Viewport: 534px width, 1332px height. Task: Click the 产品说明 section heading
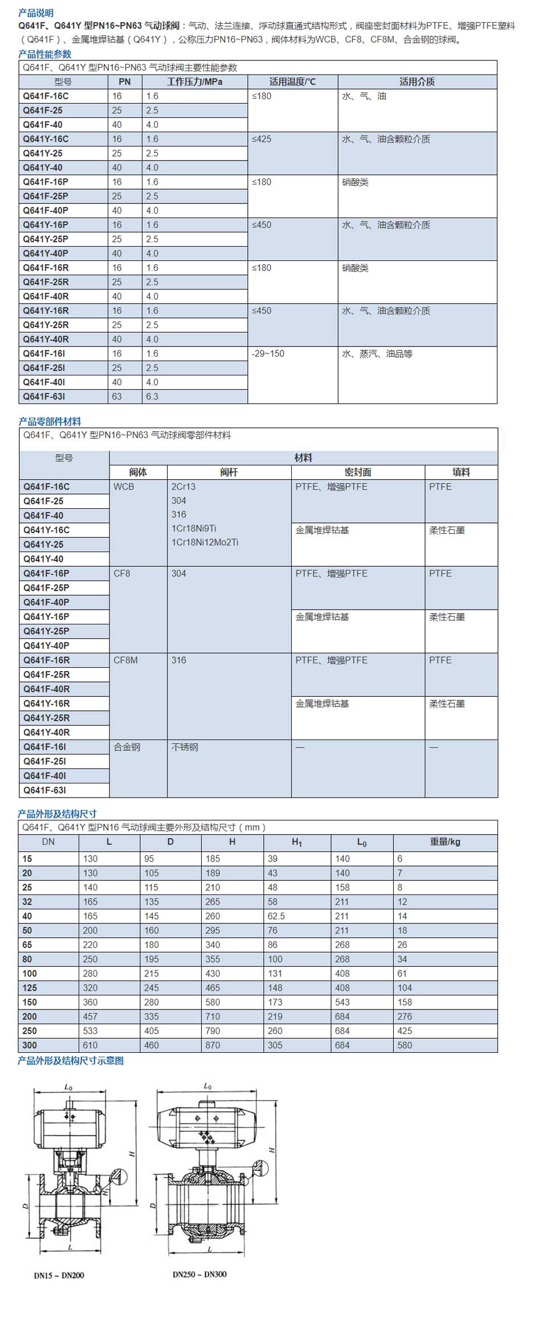pos(36,13)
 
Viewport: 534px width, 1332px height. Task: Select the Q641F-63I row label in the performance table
pos(44,397)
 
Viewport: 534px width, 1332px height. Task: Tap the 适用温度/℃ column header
pos(292,82)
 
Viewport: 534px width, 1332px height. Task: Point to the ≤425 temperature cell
pos(262,139)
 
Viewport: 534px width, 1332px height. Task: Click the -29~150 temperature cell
pos(268,354)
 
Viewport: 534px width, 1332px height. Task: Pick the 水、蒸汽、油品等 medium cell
pos(377,354)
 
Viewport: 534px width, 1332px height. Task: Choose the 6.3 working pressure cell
pos(152,397)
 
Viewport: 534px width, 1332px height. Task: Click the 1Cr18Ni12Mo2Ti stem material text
pos(205,542)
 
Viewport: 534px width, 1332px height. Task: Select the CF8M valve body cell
pos(125,660)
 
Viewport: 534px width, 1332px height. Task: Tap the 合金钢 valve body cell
pos(127,747)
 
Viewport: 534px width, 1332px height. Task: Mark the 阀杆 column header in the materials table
pos(229,472)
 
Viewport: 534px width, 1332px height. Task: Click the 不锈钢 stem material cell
pos(185,747)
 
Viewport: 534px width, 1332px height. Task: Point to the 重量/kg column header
pos(445,842)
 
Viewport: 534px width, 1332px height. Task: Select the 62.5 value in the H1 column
pos(276,916)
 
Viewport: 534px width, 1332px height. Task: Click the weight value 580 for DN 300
pos(405,1045)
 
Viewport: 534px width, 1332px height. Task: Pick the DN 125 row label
pos(30,988)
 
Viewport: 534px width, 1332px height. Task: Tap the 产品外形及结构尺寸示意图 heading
pos(71,1060)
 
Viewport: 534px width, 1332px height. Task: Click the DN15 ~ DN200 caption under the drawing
pos(59,1276)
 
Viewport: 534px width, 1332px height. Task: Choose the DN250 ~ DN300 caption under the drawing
pos(199,1274)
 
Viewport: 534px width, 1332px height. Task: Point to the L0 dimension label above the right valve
pos(207,1086)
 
